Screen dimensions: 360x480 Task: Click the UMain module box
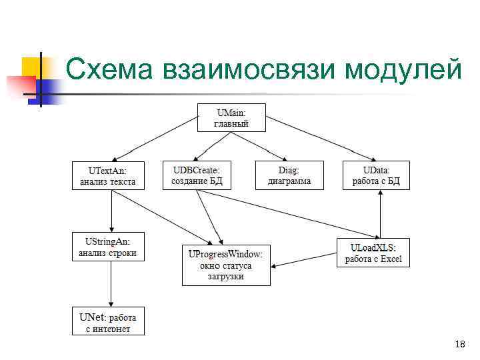point(231,117)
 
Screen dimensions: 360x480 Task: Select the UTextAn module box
point(108,175)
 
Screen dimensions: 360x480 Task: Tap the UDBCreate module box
point(197,175)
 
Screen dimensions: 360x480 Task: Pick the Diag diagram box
point(289,175)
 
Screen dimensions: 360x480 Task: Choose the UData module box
point(376,175)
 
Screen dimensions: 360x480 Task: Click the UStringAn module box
point(108,247)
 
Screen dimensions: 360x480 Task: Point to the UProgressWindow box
point(226,265)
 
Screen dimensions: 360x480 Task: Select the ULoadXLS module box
point(373,253)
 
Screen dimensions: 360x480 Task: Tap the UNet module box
point(108,321)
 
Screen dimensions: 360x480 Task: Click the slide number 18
point(459,344)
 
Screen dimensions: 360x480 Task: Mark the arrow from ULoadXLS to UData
point(379,213)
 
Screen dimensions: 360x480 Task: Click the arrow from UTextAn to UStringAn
point(111,211)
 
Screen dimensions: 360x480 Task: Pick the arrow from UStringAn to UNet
point(111,283)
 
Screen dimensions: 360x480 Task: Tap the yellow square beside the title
point(31,67)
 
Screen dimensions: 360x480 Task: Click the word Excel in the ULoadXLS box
point(391,259)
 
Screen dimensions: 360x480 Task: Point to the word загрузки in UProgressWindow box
point(226,276)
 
